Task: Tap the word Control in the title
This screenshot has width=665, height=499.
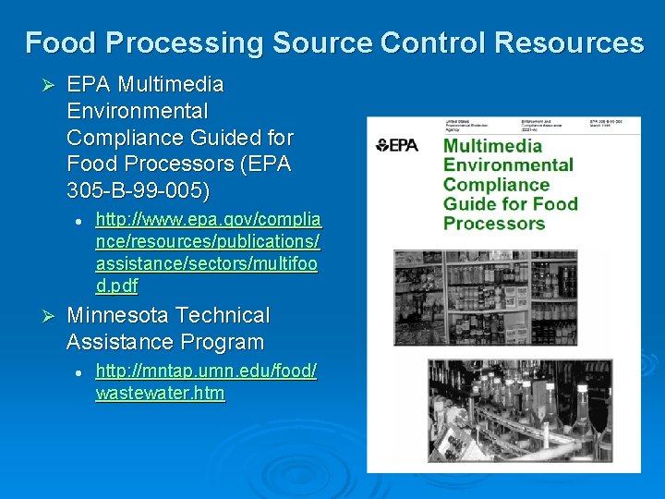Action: tap(432, 43)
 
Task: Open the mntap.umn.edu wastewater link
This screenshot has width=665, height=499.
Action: tap(206, 382)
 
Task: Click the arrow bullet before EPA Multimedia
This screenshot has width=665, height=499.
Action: tap(50, 85)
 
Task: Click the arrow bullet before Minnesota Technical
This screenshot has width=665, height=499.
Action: tap(50, 316)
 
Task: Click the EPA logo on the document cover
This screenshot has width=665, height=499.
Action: tap(397, 145)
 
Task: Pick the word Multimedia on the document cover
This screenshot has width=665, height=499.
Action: tap(493, 146)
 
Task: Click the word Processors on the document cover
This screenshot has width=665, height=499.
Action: tap(493, 224)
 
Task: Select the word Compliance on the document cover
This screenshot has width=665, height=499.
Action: tap(496, 185)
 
